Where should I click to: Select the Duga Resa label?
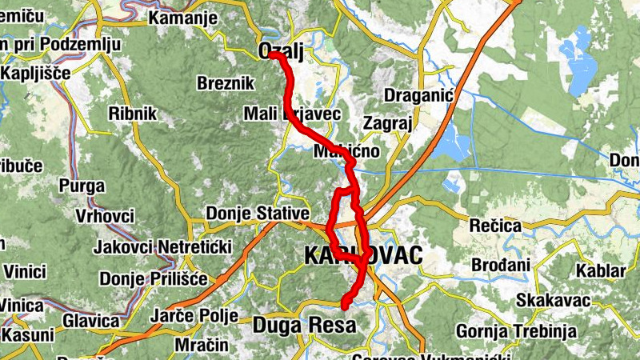[304, 325]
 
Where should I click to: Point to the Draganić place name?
[419, 96]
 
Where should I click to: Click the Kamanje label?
[183, 18]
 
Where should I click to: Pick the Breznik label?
[225, 83]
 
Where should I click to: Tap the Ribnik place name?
[133, 113]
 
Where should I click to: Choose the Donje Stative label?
[257, 214]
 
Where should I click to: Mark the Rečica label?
[494, 226]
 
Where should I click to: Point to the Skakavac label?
[553, 300]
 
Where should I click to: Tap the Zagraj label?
[387, 124]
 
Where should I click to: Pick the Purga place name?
[82, 186]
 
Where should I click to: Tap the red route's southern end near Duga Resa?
[345, 304]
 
